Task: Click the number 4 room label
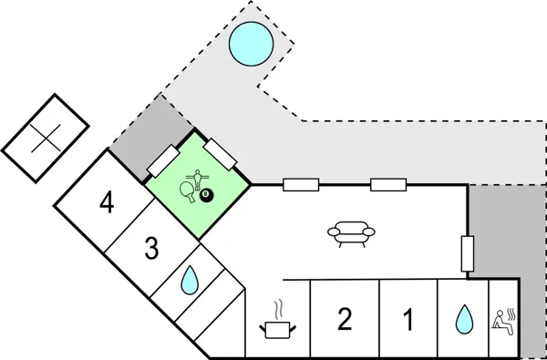pos(108,203)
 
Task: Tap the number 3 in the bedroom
pos(151,247)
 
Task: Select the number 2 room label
pos(344,319)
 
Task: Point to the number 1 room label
pos(408,320)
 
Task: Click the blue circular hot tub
pos(250,44)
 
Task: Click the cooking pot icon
pos(278,327)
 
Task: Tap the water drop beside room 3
pos(190,281)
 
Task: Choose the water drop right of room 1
pos(465,319)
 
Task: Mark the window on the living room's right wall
pos(468,252)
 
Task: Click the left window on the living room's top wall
pos(300,185)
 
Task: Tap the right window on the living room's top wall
pos(388,185)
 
